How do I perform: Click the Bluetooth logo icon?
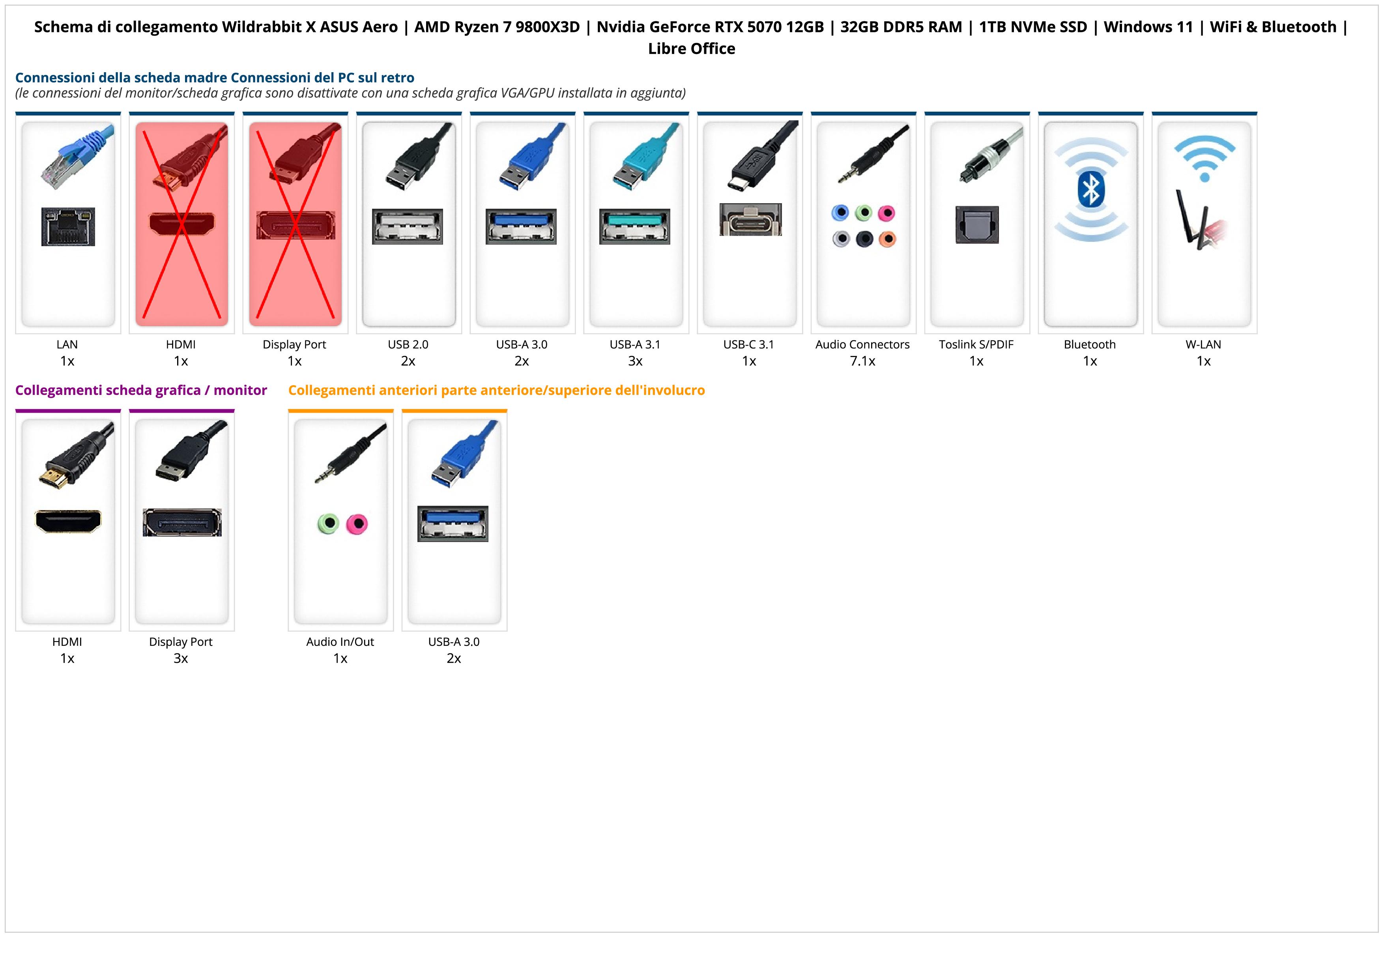pyautogui.click(x=1090, y=189)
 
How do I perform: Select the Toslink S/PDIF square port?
pyautogui.click(x=976, y=225)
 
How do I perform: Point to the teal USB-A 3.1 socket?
pyautogui.click(x=635, y=226)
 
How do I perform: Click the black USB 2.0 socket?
pyautogui.click(x=408, y=226)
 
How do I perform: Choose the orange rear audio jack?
pyautogui.click(x=887, y=239)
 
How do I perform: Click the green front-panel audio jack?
pyautogui.click(x=328, y=523)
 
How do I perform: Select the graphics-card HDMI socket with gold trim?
pyautogui.click(x=68, y=521)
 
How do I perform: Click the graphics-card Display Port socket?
pyautogui.click(x=182, y=522)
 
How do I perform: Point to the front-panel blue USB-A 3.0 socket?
pyautogui.click(x=453, y=523)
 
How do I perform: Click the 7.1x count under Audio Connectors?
pyautogui.click(x=862, y=361)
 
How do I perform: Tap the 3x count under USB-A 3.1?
pyautogui.click(x=635, y=361)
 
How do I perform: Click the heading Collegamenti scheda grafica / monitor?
pyautogui.click(x=141, y=391)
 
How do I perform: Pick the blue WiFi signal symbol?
pyautogui.click(x=1204, y=158)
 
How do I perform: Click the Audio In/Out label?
pyautogui.click(x=340, y=642)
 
